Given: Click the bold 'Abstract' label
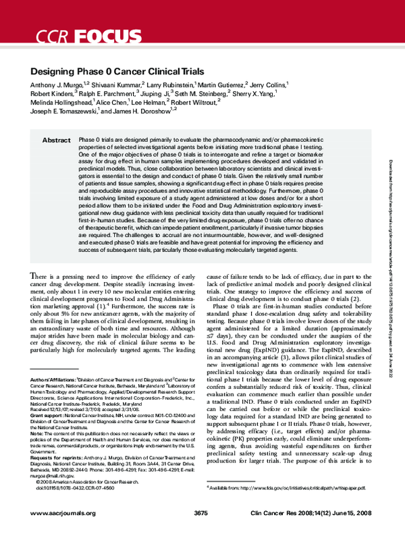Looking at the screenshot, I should pos(56,140).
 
